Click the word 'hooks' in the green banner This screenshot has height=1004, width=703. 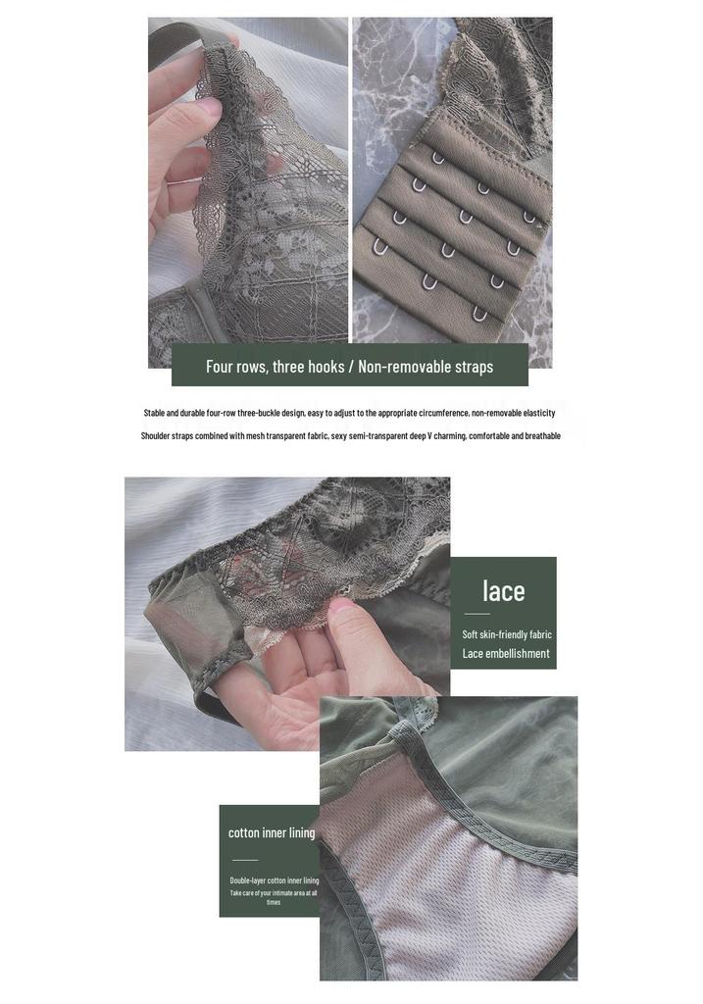(326, 367)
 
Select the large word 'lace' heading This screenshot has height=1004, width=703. (503, 590)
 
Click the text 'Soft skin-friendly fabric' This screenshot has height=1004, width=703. (507, 634)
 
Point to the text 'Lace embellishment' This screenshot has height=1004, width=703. (506, 653)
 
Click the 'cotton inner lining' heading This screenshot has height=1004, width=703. (272, 832)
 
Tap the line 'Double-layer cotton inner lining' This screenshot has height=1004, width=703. (274, 880)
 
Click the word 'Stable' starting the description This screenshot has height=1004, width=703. (154, 413)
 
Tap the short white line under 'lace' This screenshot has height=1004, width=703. (477, 614)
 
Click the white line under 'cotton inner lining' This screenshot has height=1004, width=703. (245, 860)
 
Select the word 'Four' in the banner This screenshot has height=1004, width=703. (217, 367)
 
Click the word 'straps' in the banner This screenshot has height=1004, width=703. (475, 367)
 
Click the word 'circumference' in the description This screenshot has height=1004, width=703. (444, 413)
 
